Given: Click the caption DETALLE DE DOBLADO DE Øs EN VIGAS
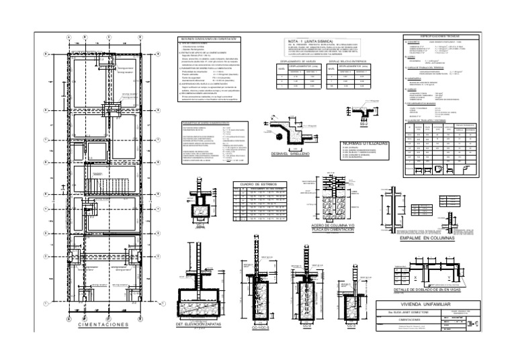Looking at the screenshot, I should coord(417,288).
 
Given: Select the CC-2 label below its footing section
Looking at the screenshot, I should coord(305,327).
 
